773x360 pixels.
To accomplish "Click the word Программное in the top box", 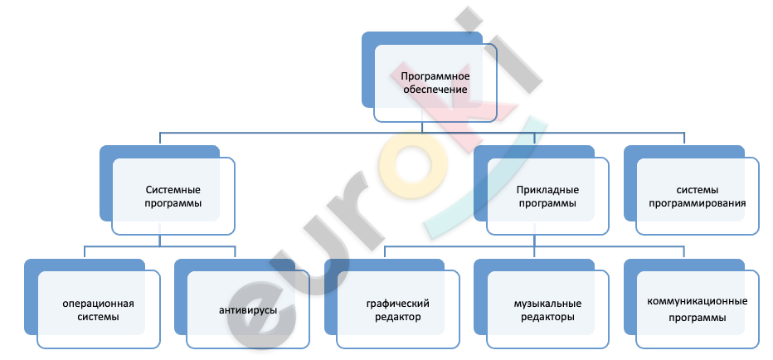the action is click(435, 76).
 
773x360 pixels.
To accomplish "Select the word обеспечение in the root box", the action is click(435, 90).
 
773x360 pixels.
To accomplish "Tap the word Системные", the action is click(173, 190).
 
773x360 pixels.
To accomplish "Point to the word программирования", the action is click(697, 203).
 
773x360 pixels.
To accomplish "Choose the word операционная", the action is click(98, 304).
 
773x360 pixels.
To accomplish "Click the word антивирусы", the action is click(248, 310).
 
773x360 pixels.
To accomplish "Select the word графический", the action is click(398, 304).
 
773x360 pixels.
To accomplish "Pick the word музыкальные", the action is click(547, 304).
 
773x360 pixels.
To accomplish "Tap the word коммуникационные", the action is click(697, 301).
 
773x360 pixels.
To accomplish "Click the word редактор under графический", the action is click(398, 317).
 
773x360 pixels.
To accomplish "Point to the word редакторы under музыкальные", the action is click(547, 317).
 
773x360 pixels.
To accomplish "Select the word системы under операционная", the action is click(98, 317).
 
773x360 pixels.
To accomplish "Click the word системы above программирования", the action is click(697, 190).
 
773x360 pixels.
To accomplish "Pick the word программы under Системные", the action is click(173, 203).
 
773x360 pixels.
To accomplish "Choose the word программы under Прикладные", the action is click(547, 203).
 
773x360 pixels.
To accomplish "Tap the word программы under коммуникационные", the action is click(697, 318).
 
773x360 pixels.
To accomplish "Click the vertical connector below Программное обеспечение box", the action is click(422, 127).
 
